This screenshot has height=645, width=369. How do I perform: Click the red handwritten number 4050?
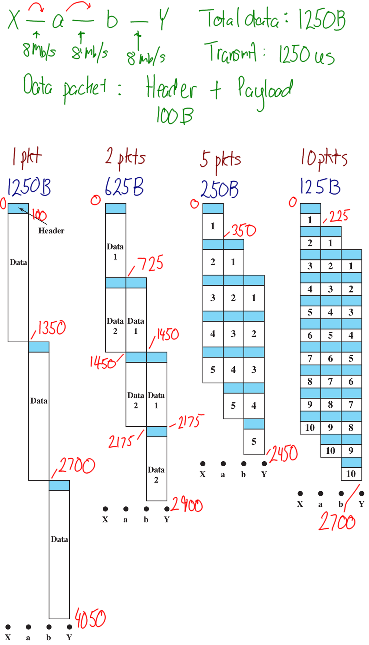pos(90,619)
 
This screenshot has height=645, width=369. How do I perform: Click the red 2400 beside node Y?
pos(187,504)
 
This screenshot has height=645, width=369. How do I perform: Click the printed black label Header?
pos(51,231)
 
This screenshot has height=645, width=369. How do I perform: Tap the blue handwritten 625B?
pos(124,187)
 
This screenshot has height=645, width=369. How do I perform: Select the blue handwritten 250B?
pos(219,189)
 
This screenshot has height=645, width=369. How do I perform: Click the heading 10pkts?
pos(324,158)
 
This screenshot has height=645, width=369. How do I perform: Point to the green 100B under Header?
pos(174,116)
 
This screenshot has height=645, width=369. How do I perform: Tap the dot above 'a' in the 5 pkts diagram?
pos(223,464)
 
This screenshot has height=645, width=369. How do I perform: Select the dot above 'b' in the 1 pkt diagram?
pos(49,627)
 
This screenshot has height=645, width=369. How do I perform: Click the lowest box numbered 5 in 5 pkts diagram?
pos(254,442)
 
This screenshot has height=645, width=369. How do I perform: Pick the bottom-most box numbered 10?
pos(351,474)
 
